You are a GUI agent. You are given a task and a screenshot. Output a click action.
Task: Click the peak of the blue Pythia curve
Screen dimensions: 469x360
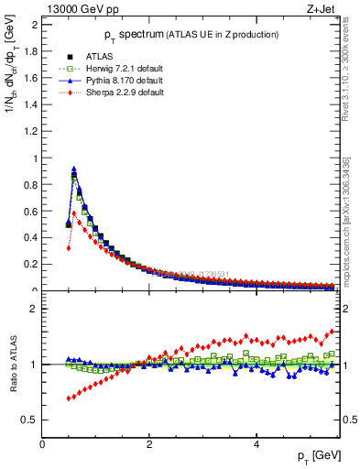[73, 169]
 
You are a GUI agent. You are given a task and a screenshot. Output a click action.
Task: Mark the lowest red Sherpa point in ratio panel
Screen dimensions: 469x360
[69, 398]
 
